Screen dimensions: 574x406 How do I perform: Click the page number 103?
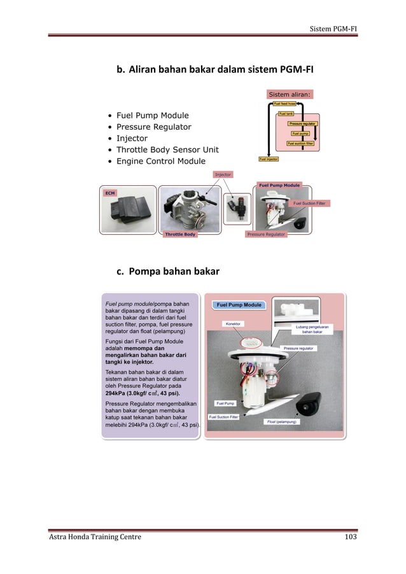pos(350,537)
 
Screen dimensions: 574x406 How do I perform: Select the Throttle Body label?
pos(180,234)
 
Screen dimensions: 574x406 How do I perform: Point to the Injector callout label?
pos(223,174)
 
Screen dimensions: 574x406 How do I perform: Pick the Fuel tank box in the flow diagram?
pos(286,113)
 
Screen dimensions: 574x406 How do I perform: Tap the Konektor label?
pos(234,323)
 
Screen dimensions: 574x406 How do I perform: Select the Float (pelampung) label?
pos(283,421)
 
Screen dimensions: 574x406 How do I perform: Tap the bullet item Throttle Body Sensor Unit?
pos(167,150)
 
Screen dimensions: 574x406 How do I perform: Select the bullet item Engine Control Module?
pos(160,161)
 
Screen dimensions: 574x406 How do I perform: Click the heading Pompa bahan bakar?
pos(167,272)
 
